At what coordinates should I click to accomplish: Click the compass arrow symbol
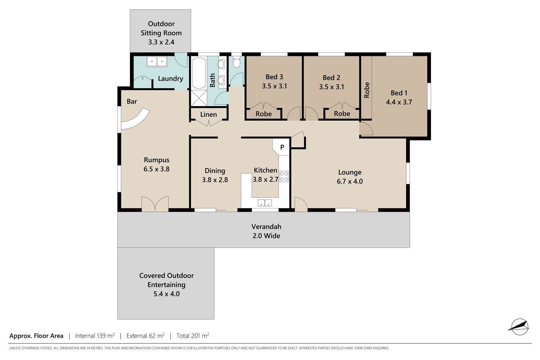pyautogui.click(x=520, y=327)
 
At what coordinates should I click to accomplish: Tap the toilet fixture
pyautogui.click(x=236, y=62)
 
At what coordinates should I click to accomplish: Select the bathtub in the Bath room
pyautogui.click(x=199, y=73)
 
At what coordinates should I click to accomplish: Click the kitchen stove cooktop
pyautogui.click(x=284, y=176)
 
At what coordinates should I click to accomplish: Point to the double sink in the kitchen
pyautogui.click(x=265, y=203)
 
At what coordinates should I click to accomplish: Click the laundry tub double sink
pyautogui.click(x=157, y=62)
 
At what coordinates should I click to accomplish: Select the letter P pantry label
pyautogui.click(x=282, y=147)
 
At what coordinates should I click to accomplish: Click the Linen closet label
pyautogui.click(x=208, y=114)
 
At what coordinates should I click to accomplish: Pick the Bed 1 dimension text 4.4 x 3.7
pyautogui.click(x=399, y=102)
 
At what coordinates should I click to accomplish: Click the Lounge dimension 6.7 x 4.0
pyautogui.click(x=350, y=181)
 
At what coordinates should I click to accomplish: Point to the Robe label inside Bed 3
pyautogui.click(x=264, y=114)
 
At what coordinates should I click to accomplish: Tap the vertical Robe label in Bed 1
pyautogui.click(x=367, y=90)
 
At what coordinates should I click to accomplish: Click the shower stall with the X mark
pyautogui.click(x=199, y=98)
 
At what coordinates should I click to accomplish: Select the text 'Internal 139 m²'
pyautogui.click(x=95, y=336)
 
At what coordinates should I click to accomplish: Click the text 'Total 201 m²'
pyautogui.click(x=193, y=336)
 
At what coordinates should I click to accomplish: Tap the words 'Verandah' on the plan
pyautogui.click(x=266, y=226)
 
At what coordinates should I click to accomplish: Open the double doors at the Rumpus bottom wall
pyautogui.click(x=155, y=204)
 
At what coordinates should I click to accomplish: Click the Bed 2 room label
pyautogui.click(x=332, y=78)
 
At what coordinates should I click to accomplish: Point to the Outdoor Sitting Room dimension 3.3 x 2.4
pyautogui.click(x=161, y=42)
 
